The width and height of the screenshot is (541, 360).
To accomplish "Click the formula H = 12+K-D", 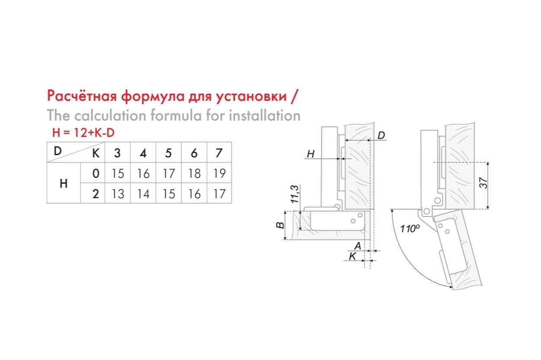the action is pos(83,133).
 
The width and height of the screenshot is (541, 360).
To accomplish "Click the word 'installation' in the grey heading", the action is pos(265,115).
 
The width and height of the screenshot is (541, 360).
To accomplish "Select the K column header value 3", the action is pos(117,153).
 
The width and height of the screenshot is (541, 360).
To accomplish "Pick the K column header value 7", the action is pos(219,153).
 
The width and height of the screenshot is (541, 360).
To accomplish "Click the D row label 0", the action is pos(96,173).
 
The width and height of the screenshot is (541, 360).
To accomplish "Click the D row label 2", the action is pos(96,194).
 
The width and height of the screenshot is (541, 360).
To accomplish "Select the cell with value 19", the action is pos(220,173).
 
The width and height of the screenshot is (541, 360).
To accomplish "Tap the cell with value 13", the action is pos(118,194).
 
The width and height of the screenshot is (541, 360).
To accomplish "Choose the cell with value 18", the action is pos(195,173).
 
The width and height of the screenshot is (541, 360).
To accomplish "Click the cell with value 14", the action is pos(144,194).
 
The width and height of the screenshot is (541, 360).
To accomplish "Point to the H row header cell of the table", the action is pos(64,183).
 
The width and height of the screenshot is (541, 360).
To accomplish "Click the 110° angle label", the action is pos(410,229).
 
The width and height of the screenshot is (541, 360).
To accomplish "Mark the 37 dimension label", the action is pos(483,183).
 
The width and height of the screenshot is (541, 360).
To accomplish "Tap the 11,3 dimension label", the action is pos(295,194).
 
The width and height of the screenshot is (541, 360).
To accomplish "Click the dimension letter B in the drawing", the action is pos(280,225).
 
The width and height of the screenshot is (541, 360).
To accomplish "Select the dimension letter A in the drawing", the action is pos(358,246).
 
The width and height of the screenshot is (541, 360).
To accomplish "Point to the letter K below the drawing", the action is pos(352,256).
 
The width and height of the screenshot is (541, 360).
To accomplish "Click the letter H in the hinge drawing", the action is pos(311,154).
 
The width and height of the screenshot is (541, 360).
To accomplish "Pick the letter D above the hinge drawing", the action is pos(381,135).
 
